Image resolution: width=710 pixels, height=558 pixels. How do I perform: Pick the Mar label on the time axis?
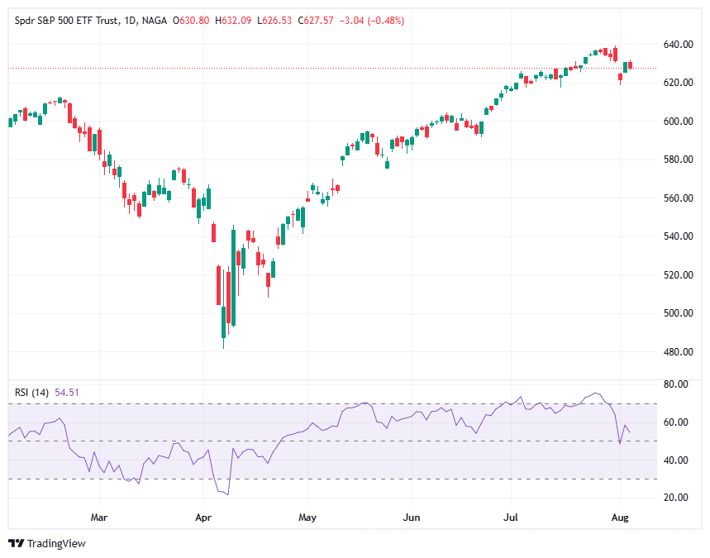99,517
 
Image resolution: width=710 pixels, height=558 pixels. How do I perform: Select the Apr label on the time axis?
203,517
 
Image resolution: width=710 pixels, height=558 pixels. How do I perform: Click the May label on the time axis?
307,517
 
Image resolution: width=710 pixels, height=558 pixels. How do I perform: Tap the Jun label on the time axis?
411,517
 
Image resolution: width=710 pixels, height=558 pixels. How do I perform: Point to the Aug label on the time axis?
621,517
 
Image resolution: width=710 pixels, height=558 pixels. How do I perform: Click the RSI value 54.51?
67,393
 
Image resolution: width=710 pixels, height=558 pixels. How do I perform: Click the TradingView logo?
47,543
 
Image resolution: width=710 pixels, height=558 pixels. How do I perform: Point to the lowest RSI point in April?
227,494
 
